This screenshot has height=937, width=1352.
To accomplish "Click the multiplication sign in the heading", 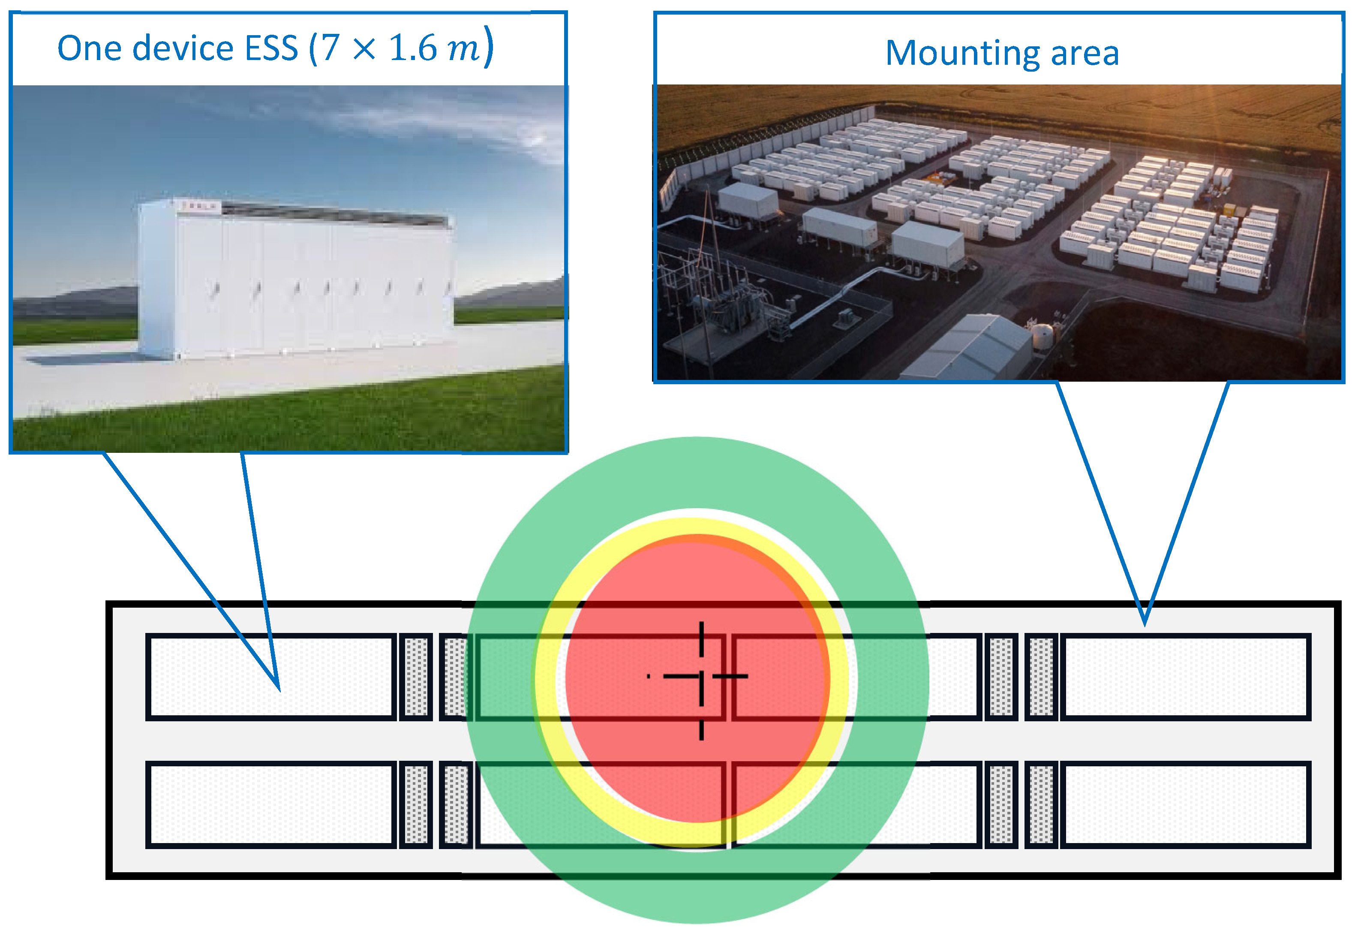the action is (x=364, y=49).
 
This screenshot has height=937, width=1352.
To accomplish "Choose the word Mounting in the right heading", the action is (x=961, y=54).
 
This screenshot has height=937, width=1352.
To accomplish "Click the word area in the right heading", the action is (x=1085, y=54).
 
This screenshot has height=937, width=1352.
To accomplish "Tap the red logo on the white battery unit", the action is (x=199, y=206).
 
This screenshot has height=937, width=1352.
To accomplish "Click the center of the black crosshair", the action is (x=702, y=676).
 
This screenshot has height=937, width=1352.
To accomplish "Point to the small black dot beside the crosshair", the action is (x=649, y=676).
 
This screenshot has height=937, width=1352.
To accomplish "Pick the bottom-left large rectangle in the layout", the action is (x=270, y=805).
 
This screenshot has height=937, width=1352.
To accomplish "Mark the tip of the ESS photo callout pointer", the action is (x=279, y=690).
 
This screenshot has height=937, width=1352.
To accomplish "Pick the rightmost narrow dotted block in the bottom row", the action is (x=1042, y=805).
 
